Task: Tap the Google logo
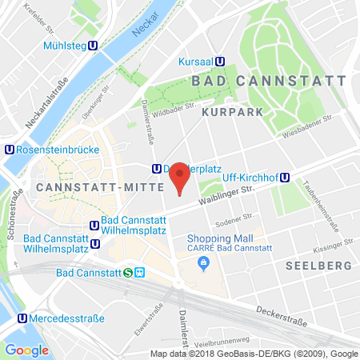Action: [x=26, y=350]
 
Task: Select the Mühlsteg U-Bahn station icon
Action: [x=94, y=46]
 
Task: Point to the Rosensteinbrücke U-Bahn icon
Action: [x=9, y=149]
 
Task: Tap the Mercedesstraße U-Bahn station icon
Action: [x=20, y=318]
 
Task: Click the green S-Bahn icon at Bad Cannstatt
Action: [x=129, y=272]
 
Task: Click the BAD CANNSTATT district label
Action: [x=268, y=82]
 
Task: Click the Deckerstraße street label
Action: [x=280, y=310]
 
